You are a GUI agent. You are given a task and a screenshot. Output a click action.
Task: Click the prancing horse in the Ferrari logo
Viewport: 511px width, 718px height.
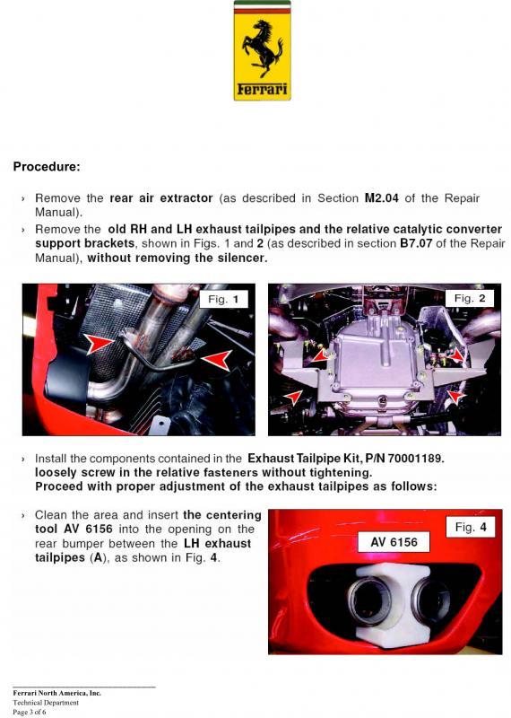pos(262,48)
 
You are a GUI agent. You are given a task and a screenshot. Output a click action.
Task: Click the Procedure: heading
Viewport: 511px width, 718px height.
pos(47,167)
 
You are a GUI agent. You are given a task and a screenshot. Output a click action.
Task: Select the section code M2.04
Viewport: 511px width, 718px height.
pos(382,198)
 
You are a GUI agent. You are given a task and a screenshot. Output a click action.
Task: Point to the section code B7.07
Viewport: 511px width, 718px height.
pos(416,243)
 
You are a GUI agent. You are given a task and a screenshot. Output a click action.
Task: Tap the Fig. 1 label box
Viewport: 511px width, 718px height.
pos(223,300)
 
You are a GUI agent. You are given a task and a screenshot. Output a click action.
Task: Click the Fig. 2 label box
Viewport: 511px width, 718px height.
pos(470,299)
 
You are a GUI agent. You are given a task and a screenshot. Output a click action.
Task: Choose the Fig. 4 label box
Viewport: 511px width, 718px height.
pos(471,527)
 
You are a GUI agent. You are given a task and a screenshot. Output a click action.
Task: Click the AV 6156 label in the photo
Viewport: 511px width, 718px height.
pos(394,542)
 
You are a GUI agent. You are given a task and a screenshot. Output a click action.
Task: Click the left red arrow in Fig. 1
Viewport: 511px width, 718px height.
pos(100,343)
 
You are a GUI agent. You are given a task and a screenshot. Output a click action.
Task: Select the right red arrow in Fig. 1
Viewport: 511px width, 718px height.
pos(217,359)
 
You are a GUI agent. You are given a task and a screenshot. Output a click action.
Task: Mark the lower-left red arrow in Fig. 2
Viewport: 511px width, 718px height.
pos(293,397)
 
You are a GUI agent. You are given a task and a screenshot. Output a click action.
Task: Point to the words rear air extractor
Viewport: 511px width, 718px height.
pos(161,198)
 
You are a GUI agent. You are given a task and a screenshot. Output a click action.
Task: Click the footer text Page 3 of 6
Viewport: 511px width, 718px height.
pos(30,712)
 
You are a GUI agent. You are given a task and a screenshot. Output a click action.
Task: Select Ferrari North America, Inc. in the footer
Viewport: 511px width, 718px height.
pos(56,693)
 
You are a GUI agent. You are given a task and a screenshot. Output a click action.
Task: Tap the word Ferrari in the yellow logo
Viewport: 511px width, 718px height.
pos(262,88)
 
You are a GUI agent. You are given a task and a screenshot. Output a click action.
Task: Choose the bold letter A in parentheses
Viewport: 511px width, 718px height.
pos(97,557)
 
